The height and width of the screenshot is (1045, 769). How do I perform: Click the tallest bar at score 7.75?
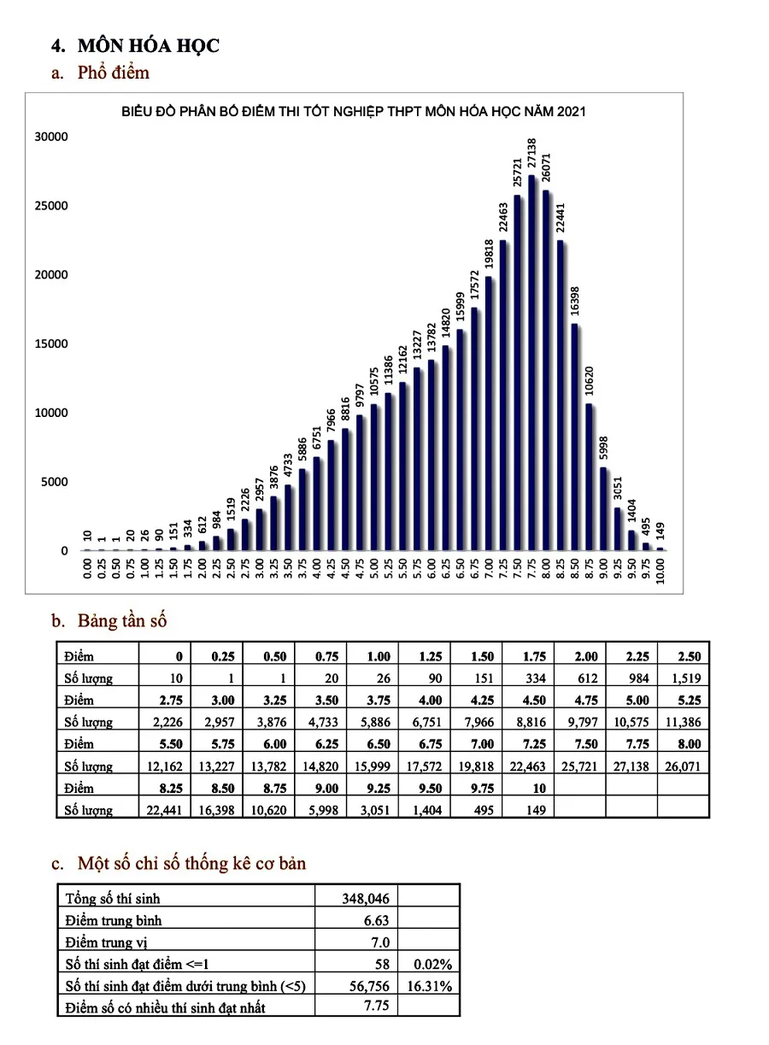click(x=531, y=363)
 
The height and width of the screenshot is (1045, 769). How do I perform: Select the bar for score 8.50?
click(x=574, y=437)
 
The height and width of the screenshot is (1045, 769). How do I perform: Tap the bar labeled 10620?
click(x=589, y=478)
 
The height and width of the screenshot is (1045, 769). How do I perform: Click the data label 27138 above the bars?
click(x=532, y=153)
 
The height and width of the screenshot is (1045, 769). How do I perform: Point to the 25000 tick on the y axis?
click(x=51, y=206)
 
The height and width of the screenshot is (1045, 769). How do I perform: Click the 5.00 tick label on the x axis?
click(x=374, y=569)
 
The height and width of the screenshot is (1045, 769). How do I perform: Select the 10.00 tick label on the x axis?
click(x=660, y=571)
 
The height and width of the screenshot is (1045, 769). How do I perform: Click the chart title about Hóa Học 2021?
click(x=353, y=111)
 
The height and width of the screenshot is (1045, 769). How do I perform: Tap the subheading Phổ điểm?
click(x=114, y=73)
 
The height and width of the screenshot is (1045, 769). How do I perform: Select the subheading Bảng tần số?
click(x=122, y=621)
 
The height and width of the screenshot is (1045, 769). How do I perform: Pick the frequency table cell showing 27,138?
click(x=631, y=766)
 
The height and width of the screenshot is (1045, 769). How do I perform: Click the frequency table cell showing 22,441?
click(x=164, y=810)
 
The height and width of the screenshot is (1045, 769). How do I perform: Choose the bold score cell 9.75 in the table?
click(x=483, y=789)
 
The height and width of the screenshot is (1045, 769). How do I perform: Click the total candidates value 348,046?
click(x=366, y=899)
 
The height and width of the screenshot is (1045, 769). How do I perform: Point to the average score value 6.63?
click(x=377, y=920)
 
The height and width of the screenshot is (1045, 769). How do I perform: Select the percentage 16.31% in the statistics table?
click(x=429, y=986)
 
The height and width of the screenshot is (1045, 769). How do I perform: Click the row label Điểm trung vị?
click(x=106, y=942)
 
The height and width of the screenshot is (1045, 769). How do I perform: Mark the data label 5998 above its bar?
click(x=603, y=448)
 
